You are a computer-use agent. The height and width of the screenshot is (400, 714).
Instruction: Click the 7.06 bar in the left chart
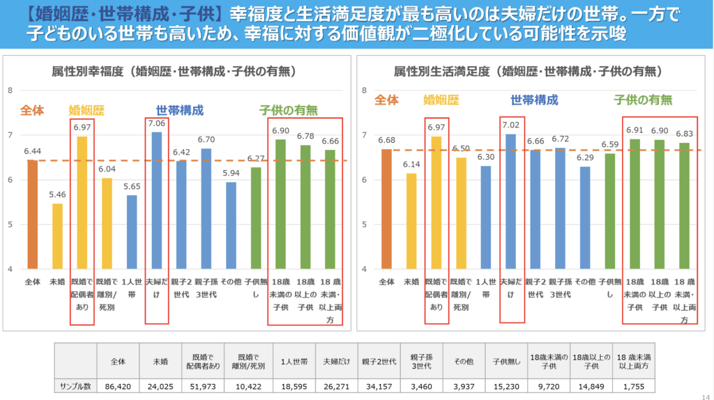point(157,201)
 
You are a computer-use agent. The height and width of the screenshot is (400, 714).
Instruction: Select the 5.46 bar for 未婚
point(57,236)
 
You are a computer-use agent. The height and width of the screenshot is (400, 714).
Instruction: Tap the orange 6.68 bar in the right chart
point(386,209)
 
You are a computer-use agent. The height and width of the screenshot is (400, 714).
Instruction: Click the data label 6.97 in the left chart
point(82,128)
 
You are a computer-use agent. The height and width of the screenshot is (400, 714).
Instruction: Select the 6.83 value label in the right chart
point(684,134)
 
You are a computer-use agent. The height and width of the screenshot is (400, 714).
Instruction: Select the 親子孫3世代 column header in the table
point(421,361)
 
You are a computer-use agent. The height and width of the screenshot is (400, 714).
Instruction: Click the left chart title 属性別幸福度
point(175,71)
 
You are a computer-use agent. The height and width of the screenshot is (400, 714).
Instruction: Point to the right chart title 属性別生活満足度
point(528,71)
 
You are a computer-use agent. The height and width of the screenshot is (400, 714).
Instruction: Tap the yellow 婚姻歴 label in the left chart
point(87,110)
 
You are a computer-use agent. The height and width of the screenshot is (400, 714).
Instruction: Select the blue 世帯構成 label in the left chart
point(180,110)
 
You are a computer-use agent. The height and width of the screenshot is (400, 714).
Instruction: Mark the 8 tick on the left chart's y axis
point(11,90)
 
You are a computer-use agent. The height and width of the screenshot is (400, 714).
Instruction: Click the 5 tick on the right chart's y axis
point(365,224)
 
